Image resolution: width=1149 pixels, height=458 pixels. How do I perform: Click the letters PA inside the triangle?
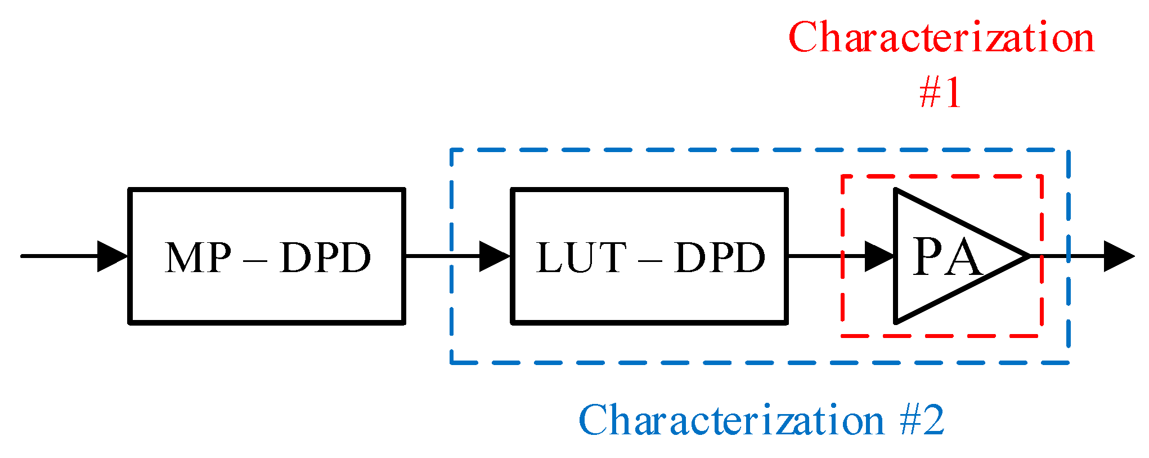click(x=946, y=257)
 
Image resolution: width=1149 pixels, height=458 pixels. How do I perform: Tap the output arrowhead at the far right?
click(x=1119, y=256)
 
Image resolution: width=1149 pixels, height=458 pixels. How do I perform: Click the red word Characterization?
click(x=941, y=38)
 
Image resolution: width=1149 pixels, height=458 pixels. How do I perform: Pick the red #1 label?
click(x=940, y=93)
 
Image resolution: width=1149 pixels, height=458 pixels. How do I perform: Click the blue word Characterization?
click(x=731, y=420)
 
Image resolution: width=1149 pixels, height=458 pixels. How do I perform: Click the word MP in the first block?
click(x=198, y=258)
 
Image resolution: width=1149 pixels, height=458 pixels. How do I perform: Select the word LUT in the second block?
click(x=581, y=258)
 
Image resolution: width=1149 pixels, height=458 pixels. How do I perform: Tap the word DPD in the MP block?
click(x=325, y=258)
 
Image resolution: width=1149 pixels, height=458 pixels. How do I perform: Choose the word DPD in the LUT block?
click(x=720, y=258)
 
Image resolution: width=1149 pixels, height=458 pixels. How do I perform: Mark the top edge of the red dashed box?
click(x=940, y=176)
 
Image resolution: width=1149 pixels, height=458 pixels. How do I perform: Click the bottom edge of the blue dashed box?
click(x=760, y=363)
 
